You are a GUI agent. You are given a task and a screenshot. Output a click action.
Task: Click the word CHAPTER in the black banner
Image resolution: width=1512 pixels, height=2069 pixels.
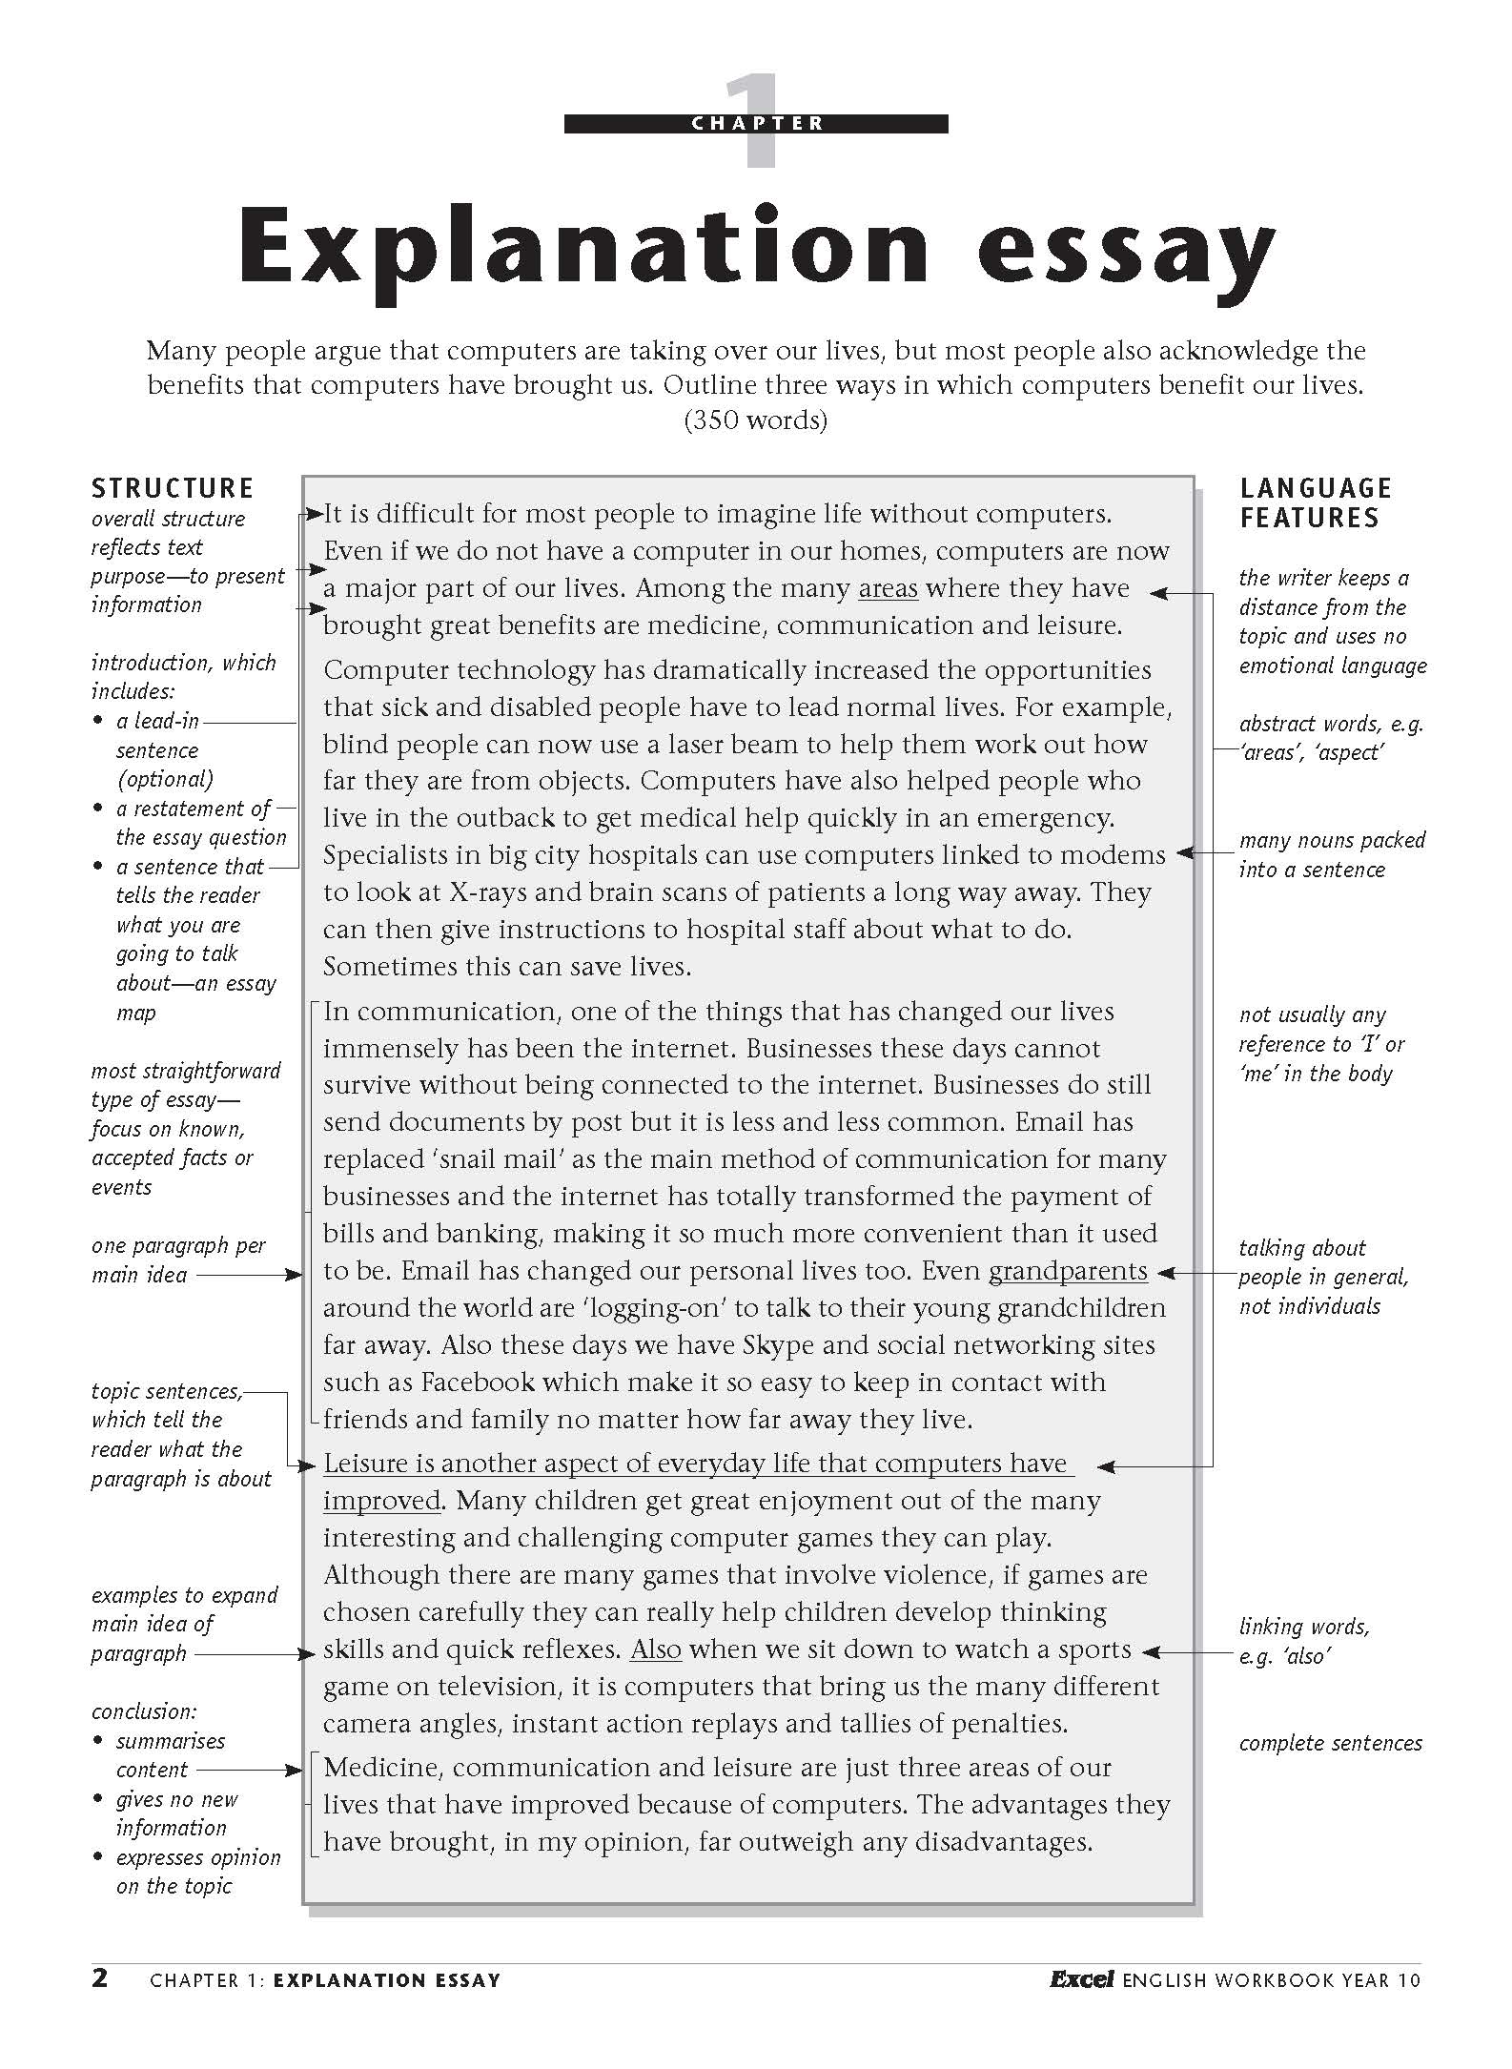coord(757,123)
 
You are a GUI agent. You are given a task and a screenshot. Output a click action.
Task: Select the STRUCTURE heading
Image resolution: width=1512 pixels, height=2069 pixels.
coord(173,489)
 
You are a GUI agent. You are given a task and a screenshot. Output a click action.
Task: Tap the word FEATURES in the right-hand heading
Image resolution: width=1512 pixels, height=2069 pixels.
coord(1309,519)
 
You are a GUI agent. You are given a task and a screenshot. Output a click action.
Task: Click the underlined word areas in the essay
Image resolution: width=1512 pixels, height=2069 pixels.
coord(888,588)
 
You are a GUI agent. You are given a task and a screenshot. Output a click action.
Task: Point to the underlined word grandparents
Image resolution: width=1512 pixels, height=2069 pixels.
coord(1068,1271)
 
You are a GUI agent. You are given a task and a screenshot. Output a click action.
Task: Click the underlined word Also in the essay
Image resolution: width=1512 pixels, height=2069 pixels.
coord(656,1649)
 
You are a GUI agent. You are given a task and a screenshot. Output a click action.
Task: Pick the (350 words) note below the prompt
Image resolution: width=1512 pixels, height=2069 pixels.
coord(755,420)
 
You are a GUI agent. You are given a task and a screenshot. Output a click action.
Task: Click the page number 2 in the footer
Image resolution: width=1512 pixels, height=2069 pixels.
coord(100,1977)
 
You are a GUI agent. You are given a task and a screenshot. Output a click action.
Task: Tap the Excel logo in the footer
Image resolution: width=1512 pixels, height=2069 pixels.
coord(1081,1979)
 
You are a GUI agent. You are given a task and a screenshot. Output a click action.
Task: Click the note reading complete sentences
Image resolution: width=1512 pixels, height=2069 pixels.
coord(1330,1744)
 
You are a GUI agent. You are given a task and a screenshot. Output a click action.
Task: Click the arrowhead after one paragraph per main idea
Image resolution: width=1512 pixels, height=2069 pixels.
coord(295,1275)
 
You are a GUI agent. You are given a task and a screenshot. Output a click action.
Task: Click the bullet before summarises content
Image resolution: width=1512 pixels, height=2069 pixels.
coord(98,1741)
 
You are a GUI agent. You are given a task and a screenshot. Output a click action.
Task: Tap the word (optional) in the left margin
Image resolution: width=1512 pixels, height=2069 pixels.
coord(165,779)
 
